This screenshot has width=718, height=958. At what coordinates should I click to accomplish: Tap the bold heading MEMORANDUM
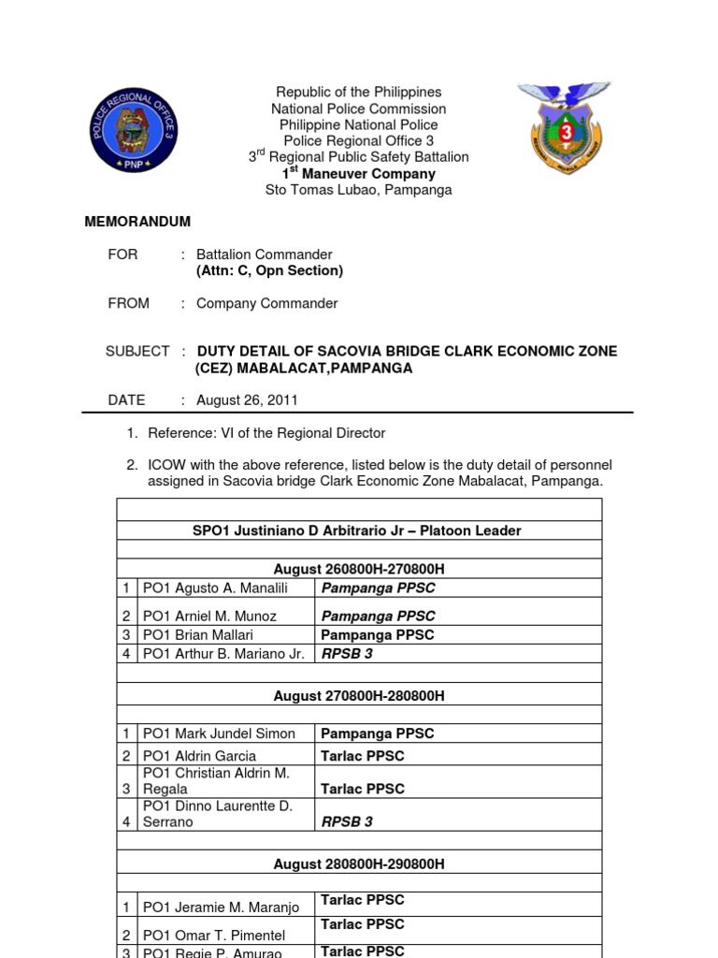tap(137, 222)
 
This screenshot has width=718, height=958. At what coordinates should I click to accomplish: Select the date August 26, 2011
tap(247, 399)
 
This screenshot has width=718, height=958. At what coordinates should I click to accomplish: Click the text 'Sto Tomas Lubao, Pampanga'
tap(359, 190)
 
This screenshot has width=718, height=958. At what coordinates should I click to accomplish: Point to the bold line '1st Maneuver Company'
tap(359, 173)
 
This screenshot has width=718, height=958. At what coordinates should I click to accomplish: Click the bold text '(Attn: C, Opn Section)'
tap(269, 270)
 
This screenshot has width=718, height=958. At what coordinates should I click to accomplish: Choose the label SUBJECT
tap(137, 351)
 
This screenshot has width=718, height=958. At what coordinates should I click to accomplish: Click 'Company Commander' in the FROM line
tap(266, 303)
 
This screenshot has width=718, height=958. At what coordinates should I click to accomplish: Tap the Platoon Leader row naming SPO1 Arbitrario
tap(358, 530)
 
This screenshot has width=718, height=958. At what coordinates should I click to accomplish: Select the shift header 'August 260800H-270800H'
tap(359, 569)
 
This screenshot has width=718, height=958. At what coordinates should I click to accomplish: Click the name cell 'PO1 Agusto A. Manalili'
tap(215, 588)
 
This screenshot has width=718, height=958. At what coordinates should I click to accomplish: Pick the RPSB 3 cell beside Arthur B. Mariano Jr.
tap(347, 654)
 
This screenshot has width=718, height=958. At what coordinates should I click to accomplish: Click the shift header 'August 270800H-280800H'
tap(359, 696)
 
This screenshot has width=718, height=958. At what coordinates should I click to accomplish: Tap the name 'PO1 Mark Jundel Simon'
tap(219, 733)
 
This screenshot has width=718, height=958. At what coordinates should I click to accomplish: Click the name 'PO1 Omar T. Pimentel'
tap(214, 935)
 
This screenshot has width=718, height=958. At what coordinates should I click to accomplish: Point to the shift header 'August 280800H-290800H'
tap(359, 864)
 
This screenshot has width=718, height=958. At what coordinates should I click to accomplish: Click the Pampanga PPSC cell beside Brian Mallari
tap(378, 634)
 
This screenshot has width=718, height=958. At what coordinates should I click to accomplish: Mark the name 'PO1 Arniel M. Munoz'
tap(211, 617)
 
